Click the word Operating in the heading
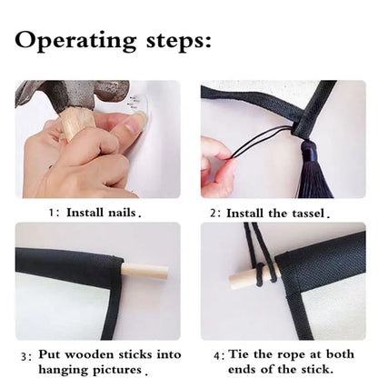point(75,41)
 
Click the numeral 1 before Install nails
point(52,213)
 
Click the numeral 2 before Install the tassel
point(214,214)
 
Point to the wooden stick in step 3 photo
point(144,271)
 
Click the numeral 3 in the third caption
point(25,356)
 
